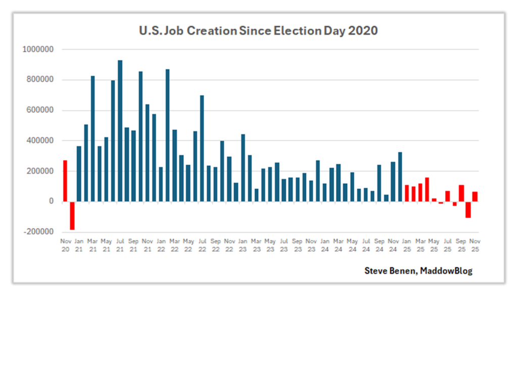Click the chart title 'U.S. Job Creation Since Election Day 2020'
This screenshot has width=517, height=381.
click(258, 31)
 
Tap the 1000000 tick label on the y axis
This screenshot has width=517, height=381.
click(39, 49)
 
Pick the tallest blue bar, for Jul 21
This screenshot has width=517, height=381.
click(120, 131)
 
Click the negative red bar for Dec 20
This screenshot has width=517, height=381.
click(72, 215)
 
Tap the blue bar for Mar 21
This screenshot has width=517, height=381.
click(92, 139)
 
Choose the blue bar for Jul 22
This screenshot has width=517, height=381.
click(202, 148)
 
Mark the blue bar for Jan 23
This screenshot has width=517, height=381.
click(243, 168)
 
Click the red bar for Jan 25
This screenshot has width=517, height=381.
click(407, 193)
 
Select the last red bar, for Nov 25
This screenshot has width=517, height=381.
click(475, 197)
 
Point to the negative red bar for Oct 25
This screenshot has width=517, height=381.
click(468, 209)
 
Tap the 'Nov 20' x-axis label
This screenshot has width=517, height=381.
click(65, 245)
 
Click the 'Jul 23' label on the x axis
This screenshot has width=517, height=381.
click(284, 245)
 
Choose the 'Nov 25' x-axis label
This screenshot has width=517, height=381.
click(475, 245)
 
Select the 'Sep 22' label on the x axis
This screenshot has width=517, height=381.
click(215, 245)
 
